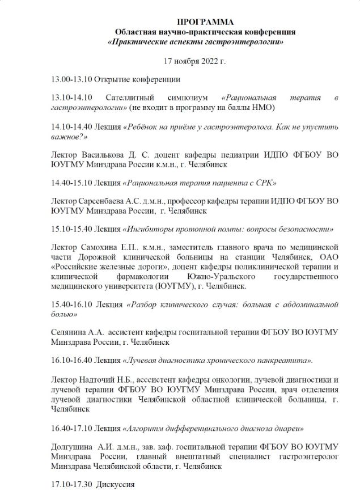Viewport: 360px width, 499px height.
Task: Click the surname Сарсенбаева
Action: [106, 201]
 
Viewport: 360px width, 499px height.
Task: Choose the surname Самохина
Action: [100, 247]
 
